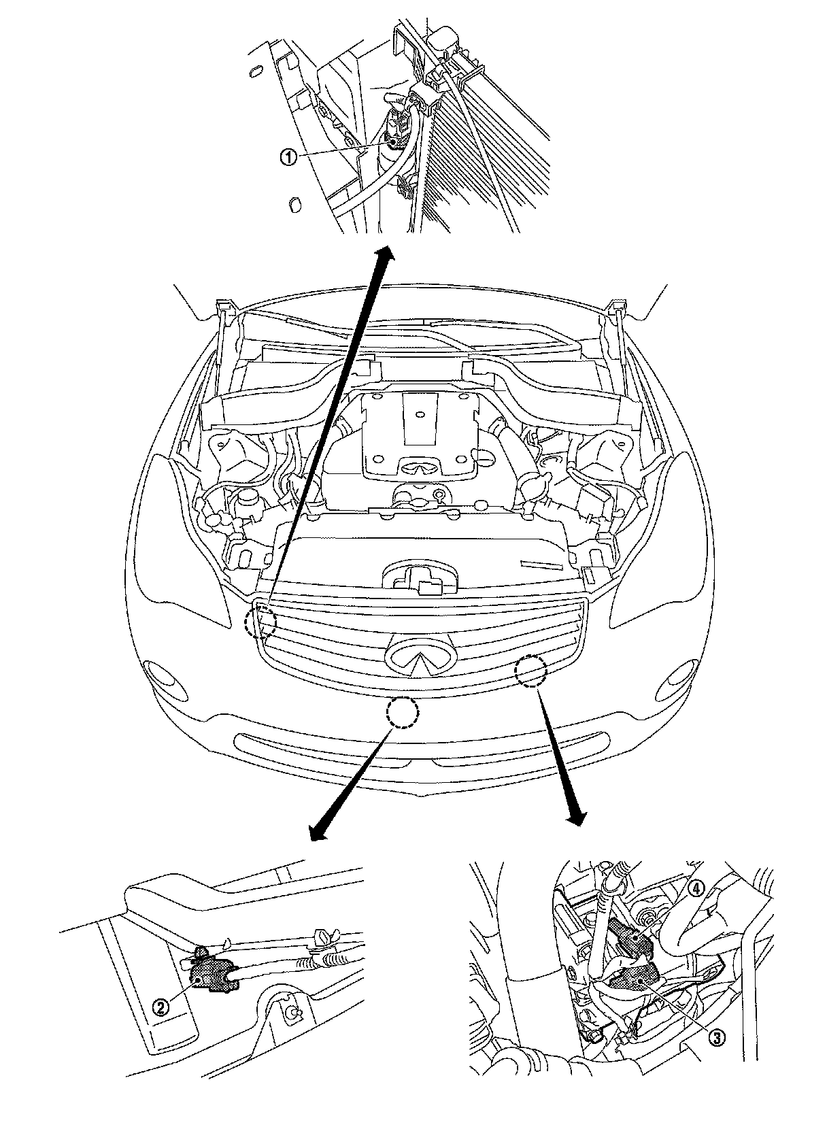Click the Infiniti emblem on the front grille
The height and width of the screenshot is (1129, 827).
(x=420, y=660)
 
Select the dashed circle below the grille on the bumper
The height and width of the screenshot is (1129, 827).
(x=402, y=712)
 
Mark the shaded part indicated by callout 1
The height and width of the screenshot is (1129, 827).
(x=394, y=140)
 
